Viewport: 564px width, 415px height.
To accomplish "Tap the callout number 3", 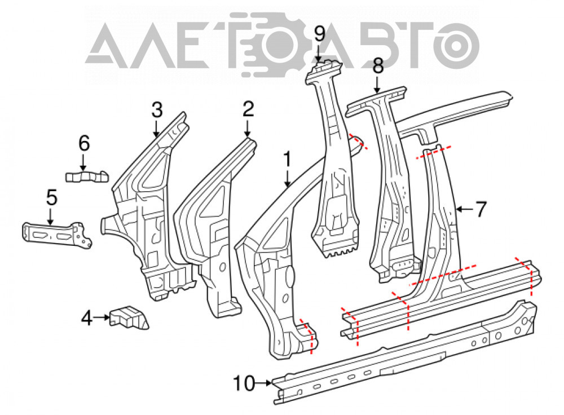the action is [x=157, y=110].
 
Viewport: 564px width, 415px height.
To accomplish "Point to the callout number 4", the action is [x=87, y=317].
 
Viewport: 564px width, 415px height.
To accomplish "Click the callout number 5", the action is [x=51, y=198].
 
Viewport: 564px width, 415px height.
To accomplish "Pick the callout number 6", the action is [x=84, y=143].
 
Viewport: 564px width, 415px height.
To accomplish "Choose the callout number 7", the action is [x=481, y=209].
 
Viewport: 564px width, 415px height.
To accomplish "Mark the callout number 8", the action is [x=378, y=66].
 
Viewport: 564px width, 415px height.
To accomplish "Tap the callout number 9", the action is [x=319, y=34].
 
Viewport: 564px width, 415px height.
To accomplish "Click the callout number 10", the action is [x=244, y=383].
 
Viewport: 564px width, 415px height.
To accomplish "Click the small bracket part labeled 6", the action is [x=87, y=176].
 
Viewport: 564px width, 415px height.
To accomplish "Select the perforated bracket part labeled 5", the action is [x=57, y=235].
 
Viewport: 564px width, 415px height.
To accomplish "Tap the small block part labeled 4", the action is [x=129, y=317].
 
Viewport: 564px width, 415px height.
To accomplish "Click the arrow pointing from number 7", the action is [x=464, y=209].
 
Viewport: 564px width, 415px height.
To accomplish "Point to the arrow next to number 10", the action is [x=263, y=383].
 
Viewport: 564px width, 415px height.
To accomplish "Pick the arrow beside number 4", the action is [x=102, y=317].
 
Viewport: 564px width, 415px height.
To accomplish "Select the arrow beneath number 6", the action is [x=83, y=162].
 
